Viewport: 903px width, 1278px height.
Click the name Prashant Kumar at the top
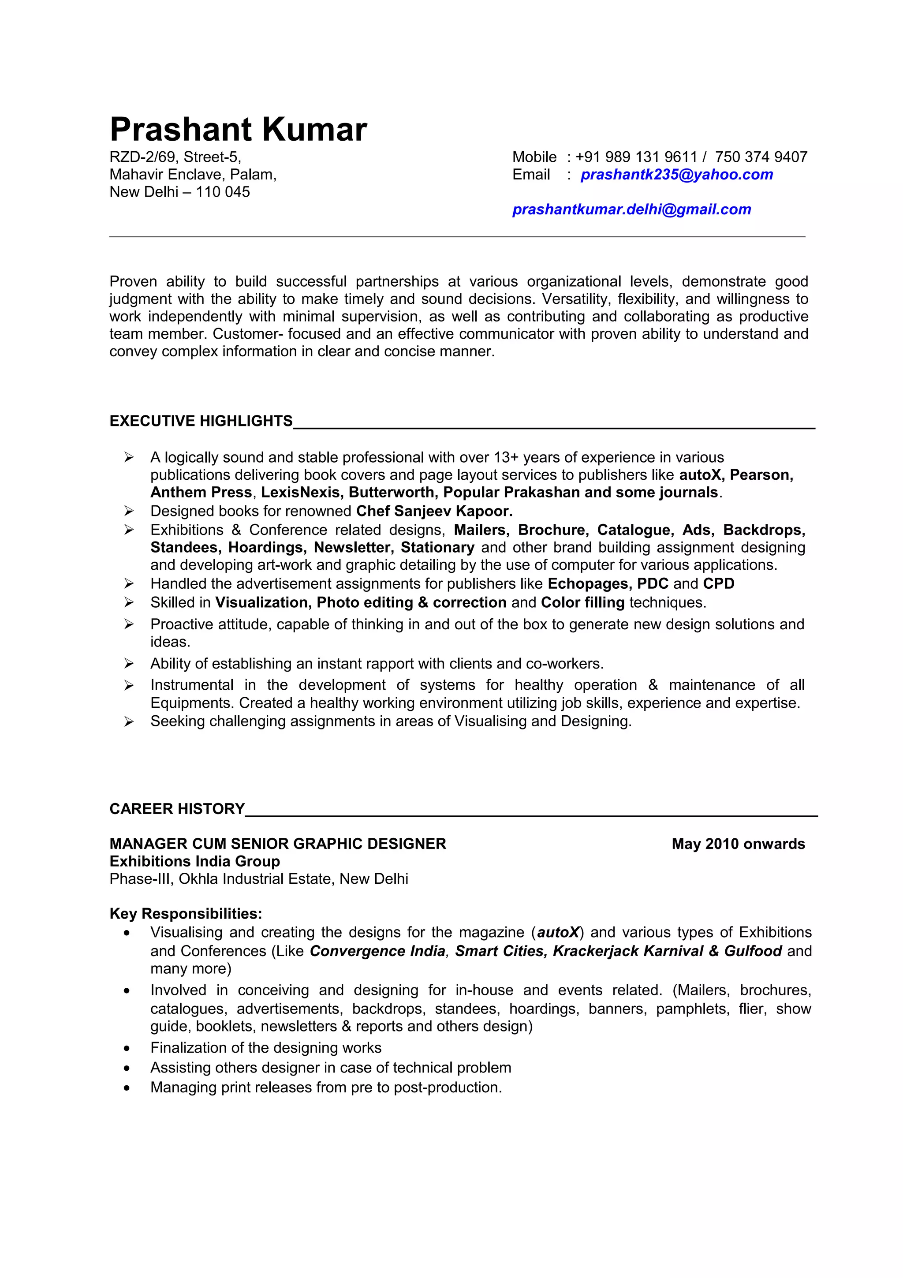pyautogui.click(x=238, y=130)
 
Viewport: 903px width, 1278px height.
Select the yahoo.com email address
pyautogui.click(x=676, y=175)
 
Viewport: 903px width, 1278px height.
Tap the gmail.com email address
pyautogui.click(x=631, y=210)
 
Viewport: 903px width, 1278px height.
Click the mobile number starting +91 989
pyautogui.click(x=636, y=157)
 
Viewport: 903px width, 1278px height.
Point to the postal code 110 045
pyautogui.click(x=223, y=192)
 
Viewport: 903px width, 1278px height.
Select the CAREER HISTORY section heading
pyautogui.click(x=177, y=809)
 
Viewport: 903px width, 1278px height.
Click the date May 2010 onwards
pyautogui.click(x=738, y=844)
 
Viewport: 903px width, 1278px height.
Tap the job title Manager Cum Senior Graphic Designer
pyautogui.click(x=278, y=844)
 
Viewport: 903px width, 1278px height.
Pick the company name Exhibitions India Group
pyautogui.click(x=195, y=862)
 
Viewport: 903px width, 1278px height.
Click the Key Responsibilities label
pyautogui.click(x=186, y=914)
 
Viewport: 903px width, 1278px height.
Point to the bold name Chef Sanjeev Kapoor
pyautogui.click(x=434, y=511)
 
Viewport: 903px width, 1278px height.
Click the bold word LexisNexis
pyautogui.click(x=300, y=493)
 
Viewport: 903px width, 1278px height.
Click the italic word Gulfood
pyautogui.click(x=753, y=951)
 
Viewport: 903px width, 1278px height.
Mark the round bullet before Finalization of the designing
pyautogui.click(x=127, y=1049)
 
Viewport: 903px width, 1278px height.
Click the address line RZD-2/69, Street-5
pyautogui.click(x=175, y=157)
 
